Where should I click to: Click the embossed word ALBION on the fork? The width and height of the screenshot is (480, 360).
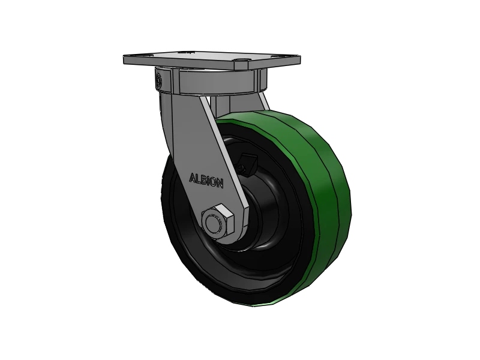[206, 179]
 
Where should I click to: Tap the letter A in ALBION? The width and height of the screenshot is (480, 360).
[193, 178]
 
